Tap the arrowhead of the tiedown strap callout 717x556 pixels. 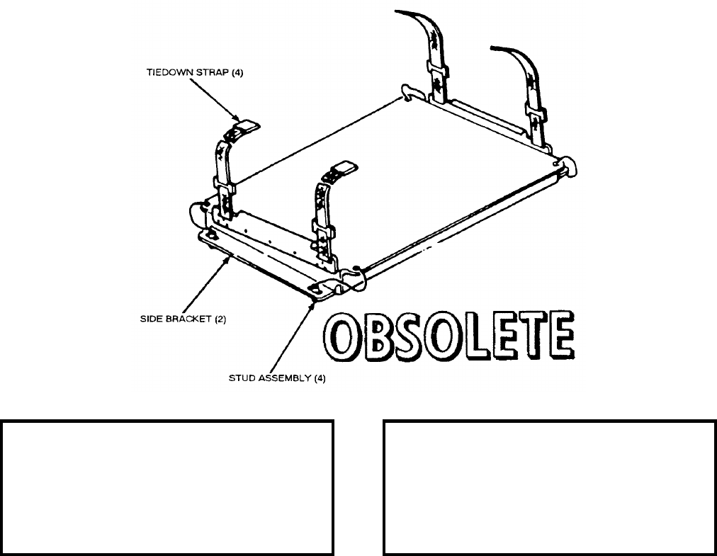point(241,121)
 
